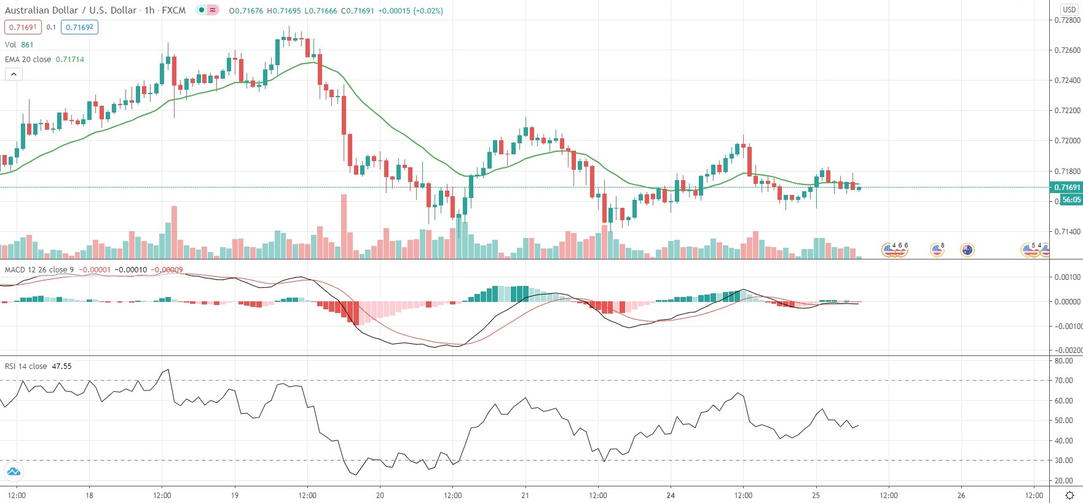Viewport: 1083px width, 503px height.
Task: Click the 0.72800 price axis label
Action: pyautogui.click(x=1067, y=20)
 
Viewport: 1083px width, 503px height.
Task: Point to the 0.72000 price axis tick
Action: pyautogui.click(x=1067, y=141)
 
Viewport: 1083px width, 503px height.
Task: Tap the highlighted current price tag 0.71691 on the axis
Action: pyautogui.click(x=1067, y=187)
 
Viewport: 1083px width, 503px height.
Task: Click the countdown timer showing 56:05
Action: pyautogui.click(x=1071, y=200)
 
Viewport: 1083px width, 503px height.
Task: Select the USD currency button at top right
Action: pyautogui.click(x=1069, y=9)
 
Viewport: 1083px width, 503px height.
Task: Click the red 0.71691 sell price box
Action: pyautogui.click(x=23, y=27)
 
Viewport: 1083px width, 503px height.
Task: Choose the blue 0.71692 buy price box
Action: pyautogui.click(x=79, y=27)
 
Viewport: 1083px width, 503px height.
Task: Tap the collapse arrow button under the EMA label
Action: pyautogui.click(x=14, y=74)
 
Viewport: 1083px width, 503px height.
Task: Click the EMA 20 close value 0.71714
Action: pyautogui.click(x=70, y=60)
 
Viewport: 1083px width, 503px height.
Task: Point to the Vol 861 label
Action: pyautogui.click(x=19, y=44)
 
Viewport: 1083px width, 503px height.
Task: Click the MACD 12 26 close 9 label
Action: pyautogui.click(x=39, y=269)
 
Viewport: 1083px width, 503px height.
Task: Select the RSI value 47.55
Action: pyautogui.click(x=61, y=366)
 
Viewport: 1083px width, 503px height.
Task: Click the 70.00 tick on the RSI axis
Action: pyautogui.click(x=1063, y=381)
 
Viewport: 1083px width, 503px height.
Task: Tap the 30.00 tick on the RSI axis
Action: pyautogui.click(x=1063, y=461)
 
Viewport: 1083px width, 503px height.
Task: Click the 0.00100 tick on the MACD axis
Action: pyautogui.click(x=1067, y=277)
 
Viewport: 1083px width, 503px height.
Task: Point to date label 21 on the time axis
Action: pyautogui.click(x=525, y=495)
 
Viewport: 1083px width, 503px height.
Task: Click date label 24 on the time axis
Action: pyautogui.click(x=671, y=495)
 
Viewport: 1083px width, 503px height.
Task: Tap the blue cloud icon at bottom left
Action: pyautogui.click(x=13, y=472)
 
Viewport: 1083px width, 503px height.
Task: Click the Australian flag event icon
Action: pyautogui.click(x=967, y=250)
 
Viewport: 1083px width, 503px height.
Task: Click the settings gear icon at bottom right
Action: pyautogui.click(x=1069, y=495)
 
